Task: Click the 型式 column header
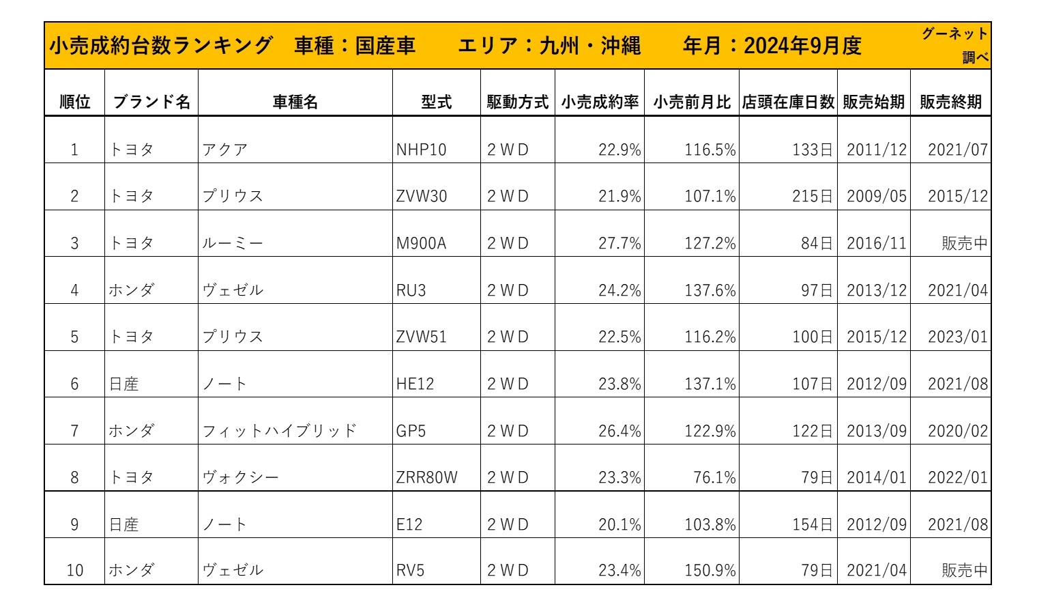point(436,102)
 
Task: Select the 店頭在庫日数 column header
point(788,102)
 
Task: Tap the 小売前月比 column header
point(692,102)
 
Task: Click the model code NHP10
point(421,150)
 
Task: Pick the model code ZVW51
point(421,337)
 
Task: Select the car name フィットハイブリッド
point(280,431)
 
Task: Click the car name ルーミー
point(233,244)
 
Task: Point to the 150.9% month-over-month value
point(710,570)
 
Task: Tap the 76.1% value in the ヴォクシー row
point(714,477)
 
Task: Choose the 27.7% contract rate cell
point(619,244)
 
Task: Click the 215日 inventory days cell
point(812,197)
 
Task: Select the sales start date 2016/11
point(877,244)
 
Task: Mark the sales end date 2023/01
point(957,337)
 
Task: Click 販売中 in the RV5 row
point(964,570)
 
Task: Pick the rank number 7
point(74,431)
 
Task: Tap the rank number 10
point(74,570)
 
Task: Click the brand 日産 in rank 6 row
point(123,384)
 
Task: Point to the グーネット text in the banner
point(954,33)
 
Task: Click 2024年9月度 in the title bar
point(802,46)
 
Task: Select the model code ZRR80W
point(426,477)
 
